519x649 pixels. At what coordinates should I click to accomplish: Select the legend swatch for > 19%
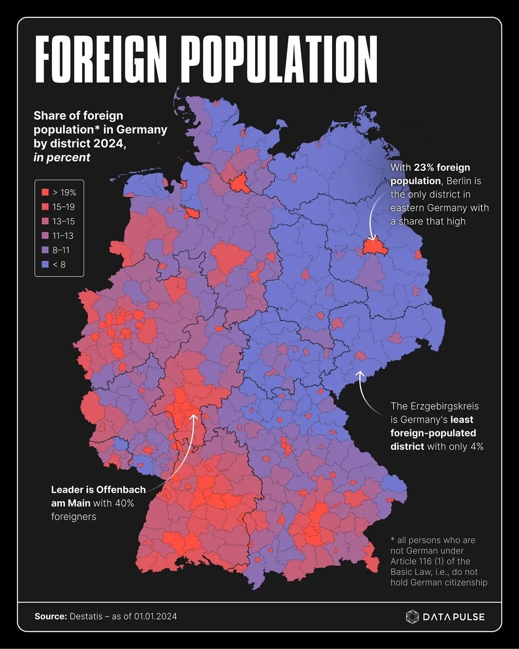(x=45, y=192)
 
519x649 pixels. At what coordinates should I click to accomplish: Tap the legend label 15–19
(x=63, y=207)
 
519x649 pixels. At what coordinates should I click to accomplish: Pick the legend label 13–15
(x=63, y=221)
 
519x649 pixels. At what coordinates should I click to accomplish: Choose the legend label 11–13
(x=63, y=236)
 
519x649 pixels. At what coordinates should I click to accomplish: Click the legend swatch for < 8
(x=45, y=264)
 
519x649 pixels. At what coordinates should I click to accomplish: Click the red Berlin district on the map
(x=372, y=247)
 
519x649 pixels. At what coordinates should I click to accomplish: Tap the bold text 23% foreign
(x=442, y=168)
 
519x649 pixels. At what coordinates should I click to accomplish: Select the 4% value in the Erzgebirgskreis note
(x=477, y=447)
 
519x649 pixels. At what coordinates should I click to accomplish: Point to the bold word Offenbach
(x=121, y=490)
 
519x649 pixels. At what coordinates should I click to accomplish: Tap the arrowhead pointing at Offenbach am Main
(x=194, y=417)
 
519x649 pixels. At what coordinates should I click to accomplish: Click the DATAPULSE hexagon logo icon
(x=412, y=617)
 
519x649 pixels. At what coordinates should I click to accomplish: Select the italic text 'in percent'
(x=62, y=157)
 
